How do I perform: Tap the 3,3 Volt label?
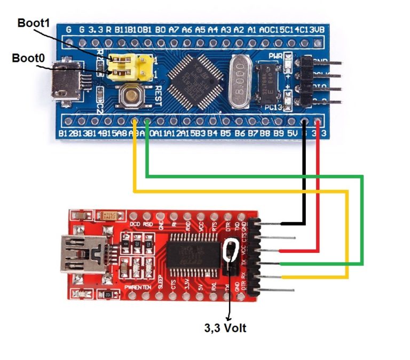[225, 328]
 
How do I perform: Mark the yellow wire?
[240, 190]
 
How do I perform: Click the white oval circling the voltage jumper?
[232, 251]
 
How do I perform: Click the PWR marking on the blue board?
[275, 55]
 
